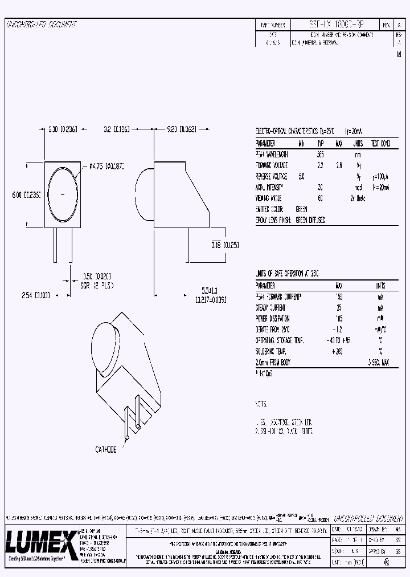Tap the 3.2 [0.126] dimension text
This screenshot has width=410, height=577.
(117, 129)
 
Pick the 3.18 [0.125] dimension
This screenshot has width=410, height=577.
(224, 245)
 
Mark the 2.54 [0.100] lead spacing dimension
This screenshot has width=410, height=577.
(35, 295)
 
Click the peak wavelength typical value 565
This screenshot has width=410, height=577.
(320, 155)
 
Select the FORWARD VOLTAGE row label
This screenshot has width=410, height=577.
(274, 165)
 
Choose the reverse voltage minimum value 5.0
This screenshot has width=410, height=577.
(301, 177)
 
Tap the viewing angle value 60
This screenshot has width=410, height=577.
(320, 198)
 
